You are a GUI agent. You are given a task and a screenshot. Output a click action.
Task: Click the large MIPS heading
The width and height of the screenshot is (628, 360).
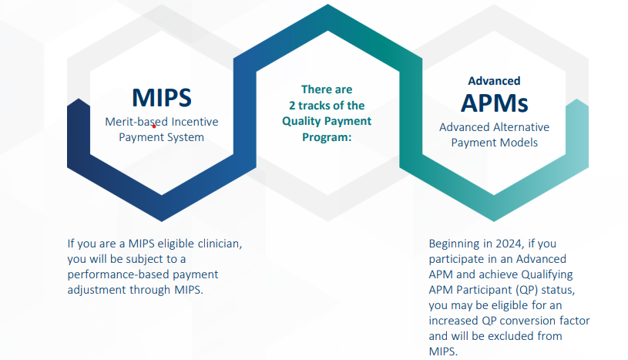coord(162,98)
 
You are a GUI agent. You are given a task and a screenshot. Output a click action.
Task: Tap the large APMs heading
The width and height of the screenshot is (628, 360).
coord(494,103)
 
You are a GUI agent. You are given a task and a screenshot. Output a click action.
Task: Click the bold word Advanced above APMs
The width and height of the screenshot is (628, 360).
coord(494,81)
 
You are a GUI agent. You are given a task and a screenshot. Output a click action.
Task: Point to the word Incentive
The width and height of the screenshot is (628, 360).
coord(195,122)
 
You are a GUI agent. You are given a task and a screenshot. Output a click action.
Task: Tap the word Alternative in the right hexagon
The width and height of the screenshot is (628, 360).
coord(520,127)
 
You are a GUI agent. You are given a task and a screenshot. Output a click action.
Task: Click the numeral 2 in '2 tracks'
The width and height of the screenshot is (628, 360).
coord(292,106)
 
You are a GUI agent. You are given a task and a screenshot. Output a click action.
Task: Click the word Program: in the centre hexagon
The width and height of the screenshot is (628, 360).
coord(327,137)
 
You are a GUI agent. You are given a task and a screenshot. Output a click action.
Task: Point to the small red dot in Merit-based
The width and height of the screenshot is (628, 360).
coord(154,126)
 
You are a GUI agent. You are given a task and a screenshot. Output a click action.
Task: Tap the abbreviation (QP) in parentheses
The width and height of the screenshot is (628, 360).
coord(526,290)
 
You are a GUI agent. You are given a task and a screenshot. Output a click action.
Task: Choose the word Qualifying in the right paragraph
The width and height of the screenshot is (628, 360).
coord(547,274)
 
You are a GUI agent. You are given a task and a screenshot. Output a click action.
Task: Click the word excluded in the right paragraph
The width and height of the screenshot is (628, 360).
coord(509,336)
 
